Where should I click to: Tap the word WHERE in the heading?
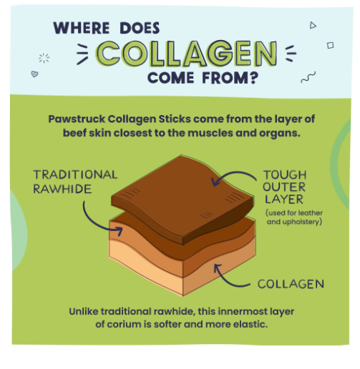[x=80, y=29]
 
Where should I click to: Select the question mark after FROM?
[x=252, y=77]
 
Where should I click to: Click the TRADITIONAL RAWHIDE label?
[x=74, y=182]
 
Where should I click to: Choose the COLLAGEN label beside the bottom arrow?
[x=291, y=284]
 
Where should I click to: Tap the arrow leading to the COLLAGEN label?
[x=233, y=279]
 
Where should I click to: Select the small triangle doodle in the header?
[x=313, y=26]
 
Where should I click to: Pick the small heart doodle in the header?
[x=34, y=74]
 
